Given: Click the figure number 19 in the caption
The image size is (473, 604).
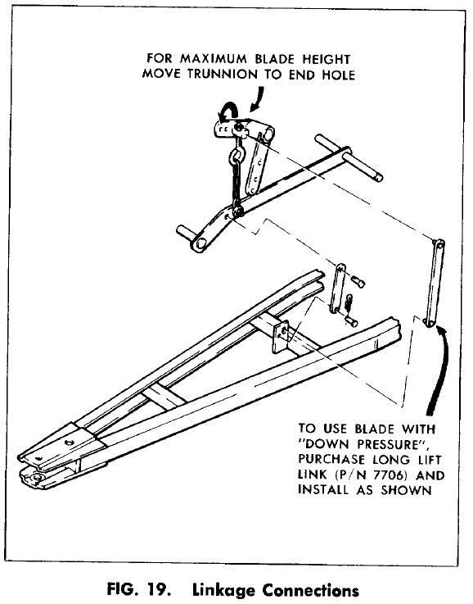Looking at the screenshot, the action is click(x=155, y=590).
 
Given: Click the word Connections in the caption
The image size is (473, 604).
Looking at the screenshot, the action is click(x=311, y=590).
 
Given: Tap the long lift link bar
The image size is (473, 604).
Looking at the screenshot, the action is click(x=435, y=283).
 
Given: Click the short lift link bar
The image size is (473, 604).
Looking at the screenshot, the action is click(x=337, y=288).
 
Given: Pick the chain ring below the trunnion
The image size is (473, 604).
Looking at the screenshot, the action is click(x=236, y=156).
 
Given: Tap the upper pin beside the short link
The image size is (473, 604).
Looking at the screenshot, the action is click(x=358, y=282).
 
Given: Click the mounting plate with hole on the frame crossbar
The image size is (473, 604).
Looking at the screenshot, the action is click(x=281, y=336).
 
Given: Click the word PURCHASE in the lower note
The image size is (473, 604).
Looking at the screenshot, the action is click(x=331, y=460).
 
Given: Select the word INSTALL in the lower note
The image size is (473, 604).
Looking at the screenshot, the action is click(x=324, y=490).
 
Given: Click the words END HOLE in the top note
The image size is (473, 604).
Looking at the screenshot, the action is click(x=322, y=74).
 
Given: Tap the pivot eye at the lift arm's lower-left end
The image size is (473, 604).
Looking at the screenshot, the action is click(x=200, y=243).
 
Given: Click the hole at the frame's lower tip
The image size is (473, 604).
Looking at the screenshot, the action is click(x=38, y=478).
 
